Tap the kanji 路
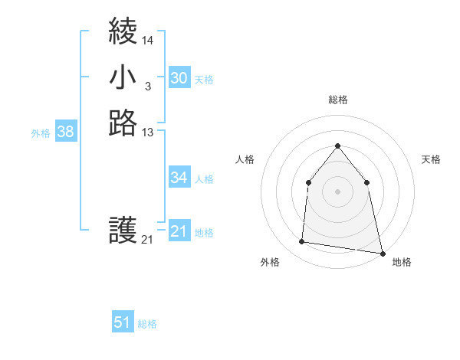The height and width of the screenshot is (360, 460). click(123, 123)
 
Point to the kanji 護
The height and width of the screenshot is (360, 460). click(123, 230)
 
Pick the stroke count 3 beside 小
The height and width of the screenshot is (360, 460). click(147, 87)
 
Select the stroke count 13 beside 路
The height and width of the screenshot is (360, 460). click(148, 133)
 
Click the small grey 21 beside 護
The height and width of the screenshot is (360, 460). click(147, 240)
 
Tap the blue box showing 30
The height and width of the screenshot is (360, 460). click(179, 78)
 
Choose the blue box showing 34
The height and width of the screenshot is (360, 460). click(179, 178)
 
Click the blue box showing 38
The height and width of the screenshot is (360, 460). click(65, 132)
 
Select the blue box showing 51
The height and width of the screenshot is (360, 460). click(123, 322)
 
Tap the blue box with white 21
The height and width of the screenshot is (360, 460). click(179, 231)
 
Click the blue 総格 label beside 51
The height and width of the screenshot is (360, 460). click(147, 324)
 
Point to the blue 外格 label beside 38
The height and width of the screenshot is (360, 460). click(41, 133)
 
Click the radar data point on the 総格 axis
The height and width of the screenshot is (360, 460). click(337, 146)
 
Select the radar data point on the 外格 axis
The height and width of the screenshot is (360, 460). click(302, 242)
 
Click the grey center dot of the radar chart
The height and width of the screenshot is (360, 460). click(337, 191)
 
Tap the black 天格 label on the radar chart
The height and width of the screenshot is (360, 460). click(431, 159)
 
